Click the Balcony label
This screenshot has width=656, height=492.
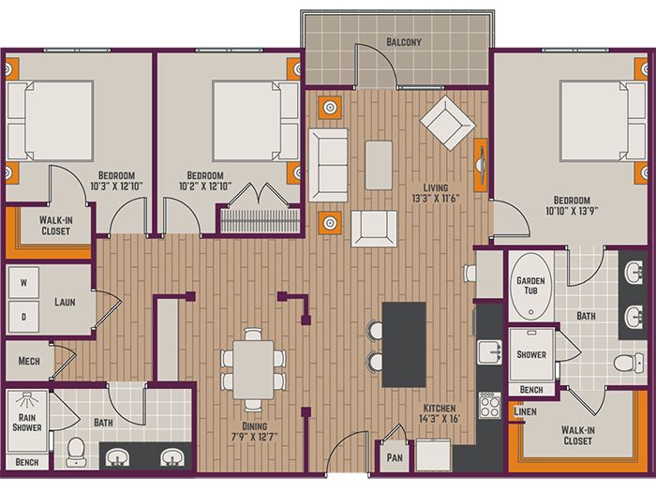(404, 42)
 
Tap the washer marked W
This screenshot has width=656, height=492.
(23, 283)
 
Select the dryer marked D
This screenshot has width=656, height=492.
(23, 317)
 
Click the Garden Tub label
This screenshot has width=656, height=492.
(530, 285)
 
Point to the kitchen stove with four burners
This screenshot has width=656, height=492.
(490, 406)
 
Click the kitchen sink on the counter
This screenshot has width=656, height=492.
(490, 352)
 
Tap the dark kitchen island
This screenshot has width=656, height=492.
(404, 345)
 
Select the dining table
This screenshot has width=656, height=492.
(254, 369)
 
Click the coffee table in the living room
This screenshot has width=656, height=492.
(379, 165)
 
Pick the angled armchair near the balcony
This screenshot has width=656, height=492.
(448, 123)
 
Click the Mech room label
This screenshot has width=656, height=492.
(29, 361)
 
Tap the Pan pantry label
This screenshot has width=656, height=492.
(395, 457)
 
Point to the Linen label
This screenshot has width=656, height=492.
(525, 411)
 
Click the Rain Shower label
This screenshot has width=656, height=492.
(27, 423)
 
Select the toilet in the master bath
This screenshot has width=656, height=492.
(629, 363)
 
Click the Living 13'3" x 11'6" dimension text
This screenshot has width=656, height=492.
(436, 193)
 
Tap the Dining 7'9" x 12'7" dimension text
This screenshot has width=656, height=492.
(255, 432)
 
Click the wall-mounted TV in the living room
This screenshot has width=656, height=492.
(481, 165)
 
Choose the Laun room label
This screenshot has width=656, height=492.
(65, 302)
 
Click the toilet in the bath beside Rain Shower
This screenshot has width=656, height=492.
(76, 452)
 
